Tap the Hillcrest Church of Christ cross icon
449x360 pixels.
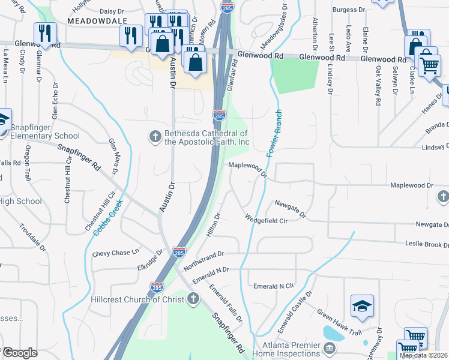(x=193, y=299)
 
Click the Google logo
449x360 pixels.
(x=20, y=352)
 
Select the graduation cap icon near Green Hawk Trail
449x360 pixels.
(x=363, y=307)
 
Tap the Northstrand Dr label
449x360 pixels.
(x=203, y=260)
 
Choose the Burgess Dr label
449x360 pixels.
(x=349, y=10)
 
